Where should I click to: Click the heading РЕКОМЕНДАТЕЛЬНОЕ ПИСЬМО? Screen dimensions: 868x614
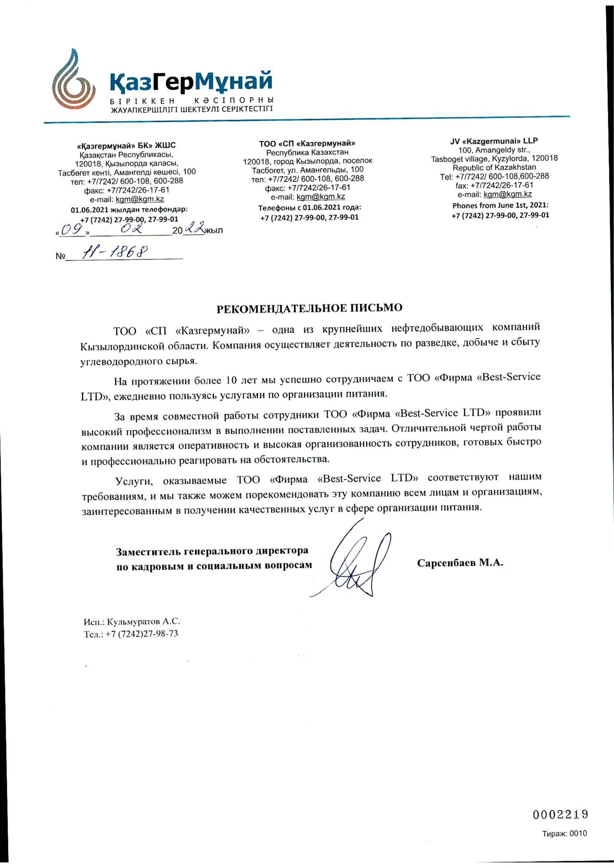309,308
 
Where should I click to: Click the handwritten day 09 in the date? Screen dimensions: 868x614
72,229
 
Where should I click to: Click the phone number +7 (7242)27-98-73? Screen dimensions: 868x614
142,634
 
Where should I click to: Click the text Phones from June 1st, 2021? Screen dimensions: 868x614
500,206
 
